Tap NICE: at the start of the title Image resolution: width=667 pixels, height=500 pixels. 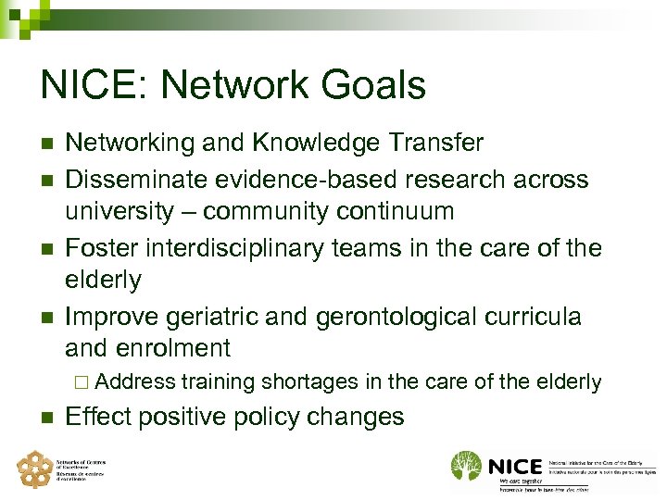tap(96, 85)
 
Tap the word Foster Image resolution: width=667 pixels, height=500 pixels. tap(101, 247)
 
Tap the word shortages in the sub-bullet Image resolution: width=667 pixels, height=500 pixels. tap(309, 381)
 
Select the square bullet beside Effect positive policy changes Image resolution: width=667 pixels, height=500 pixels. tap(45, 417)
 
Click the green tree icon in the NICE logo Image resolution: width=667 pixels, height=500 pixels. tap(466, 466)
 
